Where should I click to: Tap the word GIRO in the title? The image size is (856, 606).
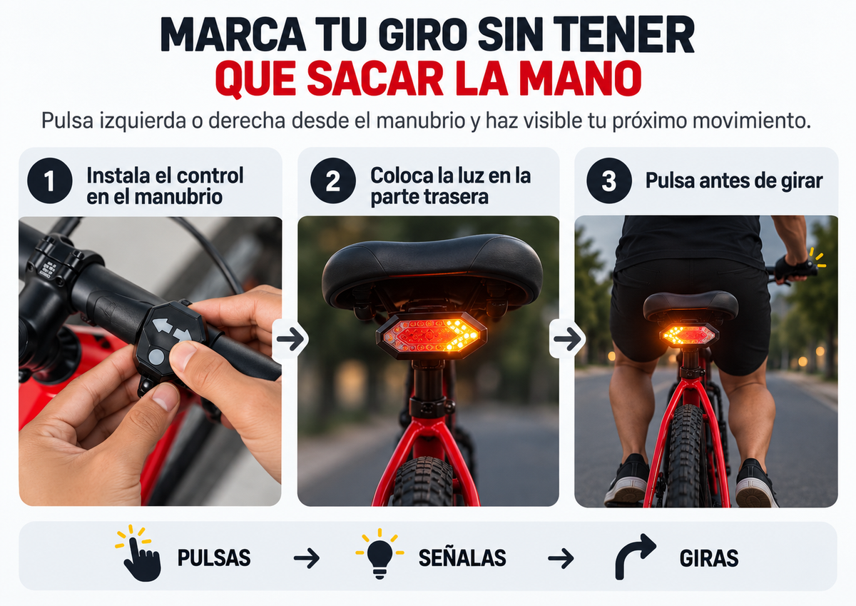click(423, 34)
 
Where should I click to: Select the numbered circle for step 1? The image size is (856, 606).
click(50, 181)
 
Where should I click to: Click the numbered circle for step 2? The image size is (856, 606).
click(333, 181)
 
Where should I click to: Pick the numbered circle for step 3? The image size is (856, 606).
click(609, 181)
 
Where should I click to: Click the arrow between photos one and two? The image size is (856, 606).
click(290, 339)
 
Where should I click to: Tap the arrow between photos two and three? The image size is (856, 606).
click(567, 339)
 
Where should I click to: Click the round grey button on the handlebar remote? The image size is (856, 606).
click(156, 358)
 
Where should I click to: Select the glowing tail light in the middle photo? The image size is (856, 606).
click(431, 336)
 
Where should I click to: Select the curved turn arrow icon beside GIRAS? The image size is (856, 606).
click(634, 557)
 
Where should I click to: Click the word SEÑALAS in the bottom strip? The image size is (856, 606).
click(462, 558)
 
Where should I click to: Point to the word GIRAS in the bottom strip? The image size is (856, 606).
click(709, 559)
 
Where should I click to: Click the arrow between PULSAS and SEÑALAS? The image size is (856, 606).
click(307, 558)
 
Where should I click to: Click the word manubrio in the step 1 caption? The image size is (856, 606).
click(178, 197)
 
